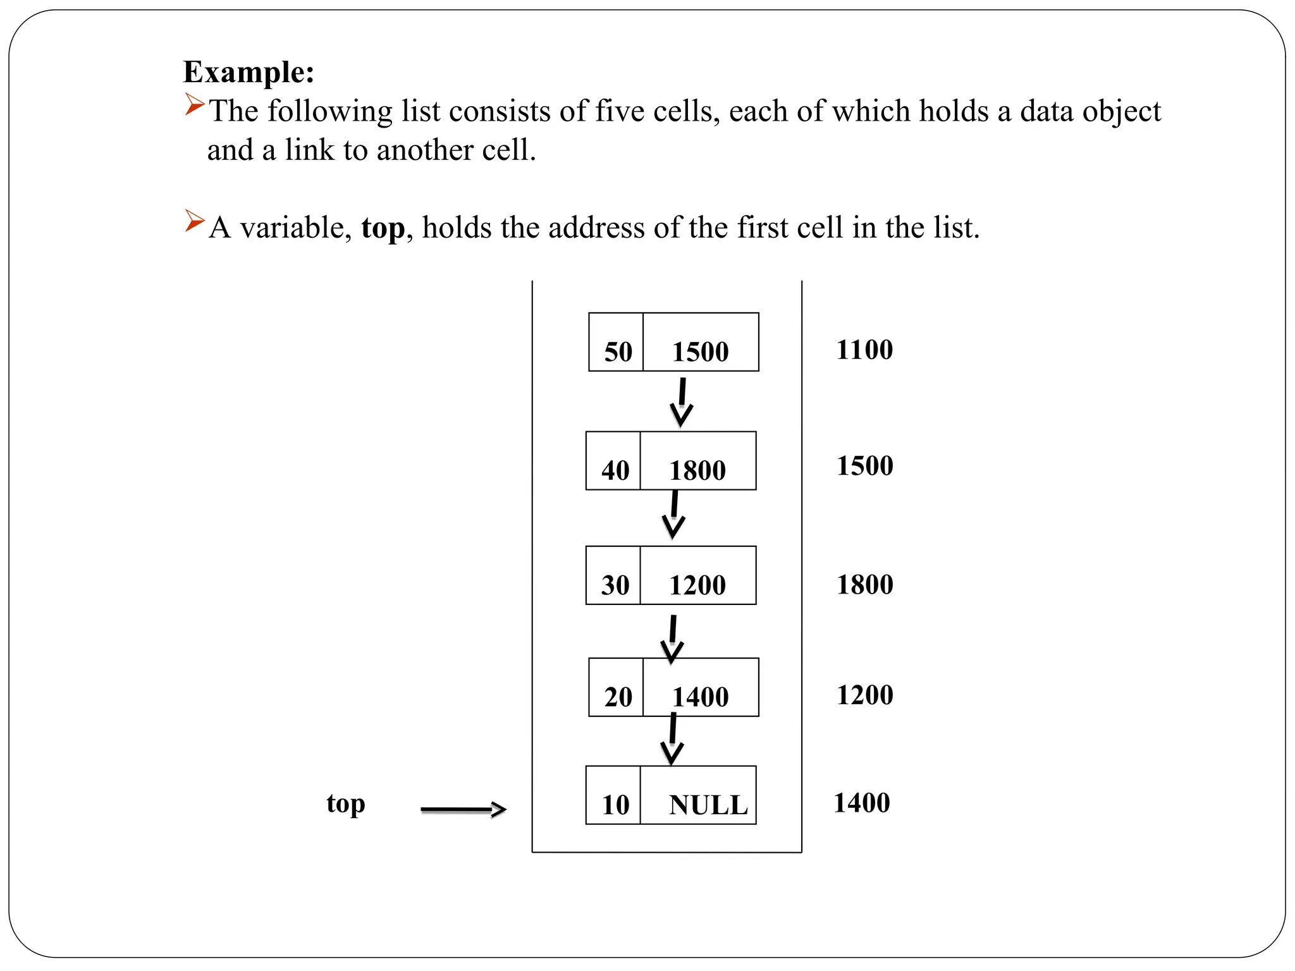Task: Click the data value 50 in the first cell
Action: [x=618, y=352]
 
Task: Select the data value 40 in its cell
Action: [x=615, y=471]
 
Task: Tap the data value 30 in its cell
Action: [x=615, y=585]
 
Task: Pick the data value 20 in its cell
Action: [x=618, y=697]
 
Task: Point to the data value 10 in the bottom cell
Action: [x=615, y=805]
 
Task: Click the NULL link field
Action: [x=708, y=805]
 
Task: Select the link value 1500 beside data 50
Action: [x=700, y=352]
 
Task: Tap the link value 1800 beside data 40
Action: [x=697, y=471]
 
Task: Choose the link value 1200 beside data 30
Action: [x=697, y=585]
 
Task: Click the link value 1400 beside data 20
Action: [x=700, y=697]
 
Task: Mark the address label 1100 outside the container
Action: [x=864, y=350]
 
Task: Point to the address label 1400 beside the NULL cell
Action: [x=862, y=803]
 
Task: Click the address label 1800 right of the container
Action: [x=864, y=585]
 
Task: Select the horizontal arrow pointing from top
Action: [x=463, y=809]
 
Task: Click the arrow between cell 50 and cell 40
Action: [x=682, y=402]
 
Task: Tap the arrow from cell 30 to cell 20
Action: [x=672, y=639]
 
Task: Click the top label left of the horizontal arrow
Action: [x=346, y=804]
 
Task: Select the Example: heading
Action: [x=249, y=72]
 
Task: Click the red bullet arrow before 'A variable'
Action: [x=194, y=221]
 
